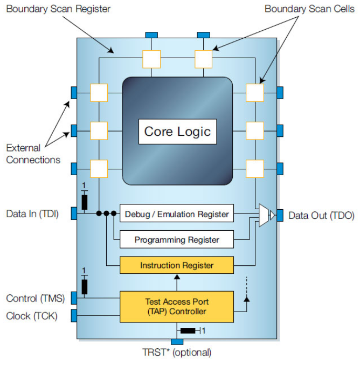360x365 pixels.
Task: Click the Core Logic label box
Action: pos(177,132)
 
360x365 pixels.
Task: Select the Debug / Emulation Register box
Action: pos(177,214)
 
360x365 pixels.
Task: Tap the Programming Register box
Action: pos(177,239)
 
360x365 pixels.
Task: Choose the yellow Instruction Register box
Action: pos(177,265)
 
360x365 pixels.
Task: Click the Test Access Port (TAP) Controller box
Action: pos(177,307)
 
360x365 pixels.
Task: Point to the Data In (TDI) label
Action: pos(32,214)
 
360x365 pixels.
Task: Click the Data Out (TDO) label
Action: pos(321,216)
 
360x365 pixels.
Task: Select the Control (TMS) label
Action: pos(35,298)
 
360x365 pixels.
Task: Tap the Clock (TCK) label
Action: pos(32,315)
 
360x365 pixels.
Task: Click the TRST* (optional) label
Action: pos(177,353)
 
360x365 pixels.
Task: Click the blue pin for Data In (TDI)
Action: pos(74,214)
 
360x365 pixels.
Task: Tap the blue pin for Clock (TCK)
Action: pos(74,315)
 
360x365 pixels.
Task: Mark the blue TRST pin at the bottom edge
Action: pos(177,341)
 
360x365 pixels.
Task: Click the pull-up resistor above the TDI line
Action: pos(85,202)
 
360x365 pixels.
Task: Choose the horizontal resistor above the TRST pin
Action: pos(188,330)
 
